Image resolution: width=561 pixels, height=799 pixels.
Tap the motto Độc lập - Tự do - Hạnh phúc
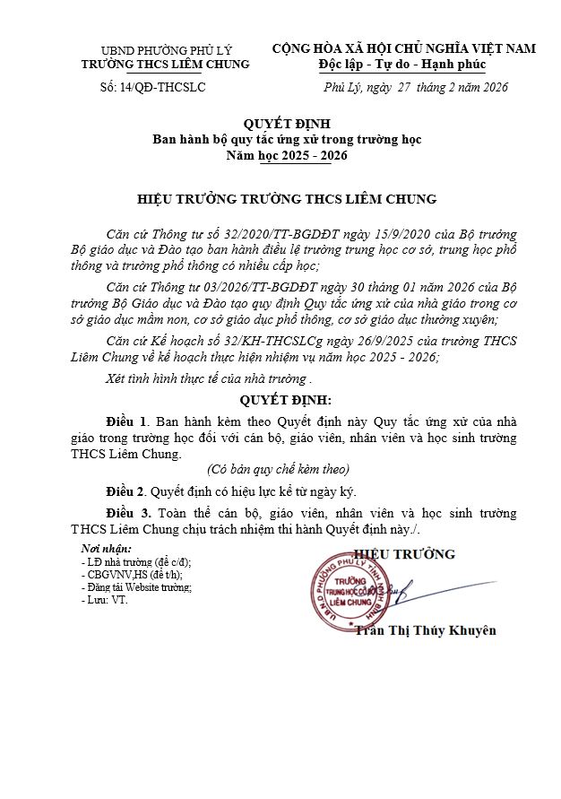click(x=402, y=65)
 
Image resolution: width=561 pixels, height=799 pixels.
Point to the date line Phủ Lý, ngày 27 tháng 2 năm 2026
click(x=415, y=87)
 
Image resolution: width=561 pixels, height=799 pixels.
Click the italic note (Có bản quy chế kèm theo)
click(x=278, y=470)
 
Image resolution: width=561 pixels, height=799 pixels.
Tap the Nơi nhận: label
click(x=106, y=548)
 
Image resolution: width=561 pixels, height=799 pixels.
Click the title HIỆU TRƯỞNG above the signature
click(x=406, y=555)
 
